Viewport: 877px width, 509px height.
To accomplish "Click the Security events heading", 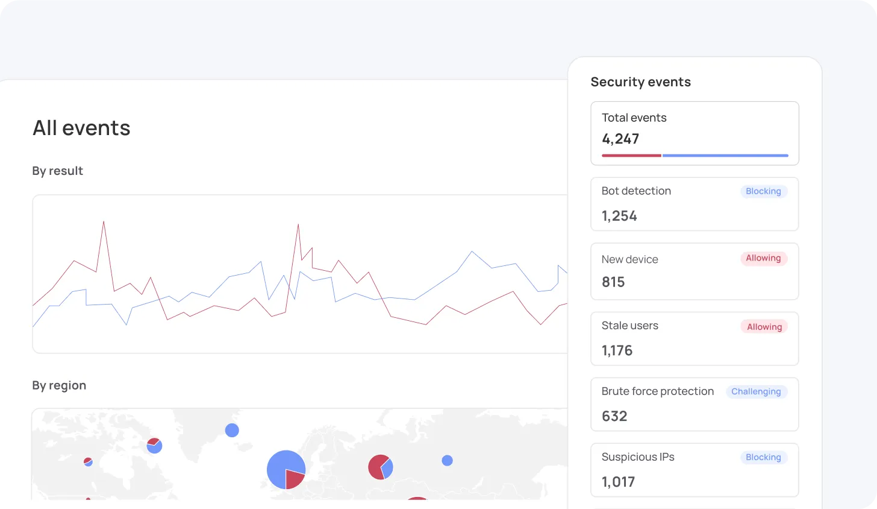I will point(640,82).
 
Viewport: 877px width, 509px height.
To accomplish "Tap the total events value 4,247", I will point(620,139).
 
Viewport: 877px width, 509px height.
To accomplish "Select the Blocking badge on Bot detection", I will point(763,191).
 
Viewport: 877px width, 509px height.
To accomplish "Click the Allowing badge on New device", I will point(763,258).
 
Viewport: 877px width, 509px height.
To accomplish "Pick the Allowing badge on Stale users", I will point(764,327).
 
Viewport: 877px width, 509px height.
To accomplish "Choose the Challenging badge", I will point(756,391).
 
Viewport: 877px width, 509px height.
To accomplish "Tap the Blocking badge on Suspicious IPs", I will point(763,457).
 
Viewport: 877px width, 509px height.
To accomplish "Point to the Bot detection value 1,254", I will point(619,216).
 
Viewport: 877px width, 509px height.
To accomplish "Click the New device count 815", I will point(613,282).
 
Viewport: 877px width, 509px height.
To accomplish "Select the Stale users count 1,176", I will point(617,350).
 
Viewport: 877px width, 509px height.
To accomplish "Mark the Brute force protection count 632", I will point(614,416).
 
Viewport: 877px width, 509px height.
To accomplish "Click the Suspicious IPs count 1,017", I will point(618,482).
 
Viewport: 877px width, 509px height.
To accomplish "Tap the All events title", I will point(81,128).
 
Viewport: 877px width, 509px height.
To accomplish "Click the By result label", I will point(57,171).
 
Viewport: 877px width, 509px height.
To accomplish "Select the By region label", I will point(59,385).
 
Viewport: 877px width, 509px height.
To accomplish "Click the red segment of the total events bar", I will point(631,156).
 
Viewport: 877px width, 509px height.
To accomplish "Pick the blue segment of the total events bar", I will point(725,156).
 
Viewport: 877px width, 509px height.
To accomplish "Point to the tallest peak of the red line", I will point(104,222).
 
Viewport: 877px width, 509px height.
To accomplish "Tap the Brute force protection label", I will point(657,391).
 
